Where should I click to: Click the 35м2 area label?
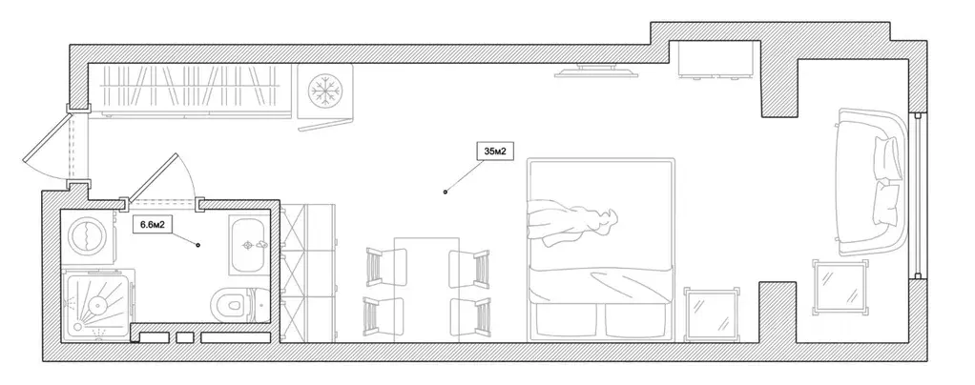[x=496, y=151]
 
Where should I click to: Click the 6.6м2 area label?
[x=152, y=224]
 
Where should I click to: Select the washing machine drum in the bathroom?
[x=87, y=236]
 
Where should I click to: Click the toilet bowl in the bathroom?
[x=230, y=304]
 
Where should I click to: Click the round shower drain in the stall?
[x=97, y=304]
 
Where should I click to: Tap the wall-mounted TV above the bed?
[x=596, y=71]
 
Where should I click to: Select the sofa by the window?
[x=870, y=182]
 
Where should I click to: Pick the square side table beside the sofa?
[x=840, y=288]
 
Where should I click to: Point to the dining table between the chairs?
[x=427, y=290]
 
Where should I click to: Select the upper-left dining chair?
[x=384, y=267]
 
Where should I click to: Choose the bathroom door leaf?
[x=151, y=178]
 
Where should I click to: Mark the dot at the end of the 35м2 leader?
[x=446, y=192]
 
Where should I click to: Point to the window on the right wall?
[x=918, y=195]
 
